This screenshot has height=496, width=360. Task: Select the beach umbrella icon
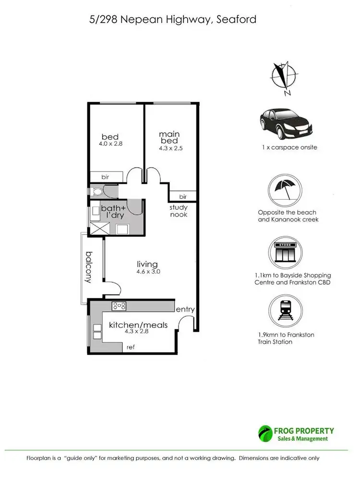point(286,190)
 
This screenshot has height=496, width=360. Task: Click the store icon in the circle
point(286,252)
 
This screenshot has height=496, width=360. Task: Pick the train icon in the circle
point(286,312)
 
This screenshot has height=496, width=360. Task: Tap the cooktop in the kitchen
point(119,305)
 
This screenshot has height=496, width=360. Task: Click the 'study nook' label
point(178,211)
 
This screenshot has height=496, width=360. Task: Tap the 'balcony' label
point(89,267)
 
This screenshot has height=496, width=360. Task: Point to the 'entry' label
point(185,309)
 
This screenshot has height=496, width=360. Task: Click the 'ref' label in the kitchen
point(130,347)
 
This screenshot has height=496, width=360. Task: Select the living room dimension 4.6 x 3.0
point(147,271)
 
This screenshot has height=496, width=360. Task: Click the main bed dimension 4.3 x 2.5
point(171,148)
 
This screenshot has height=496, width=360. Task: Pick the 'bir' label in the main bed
point(183,196)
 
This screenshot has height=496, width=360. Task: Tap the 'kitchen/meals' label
point(138,325)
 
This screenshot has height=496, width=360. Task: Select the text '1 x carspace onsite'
point(286,147)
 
